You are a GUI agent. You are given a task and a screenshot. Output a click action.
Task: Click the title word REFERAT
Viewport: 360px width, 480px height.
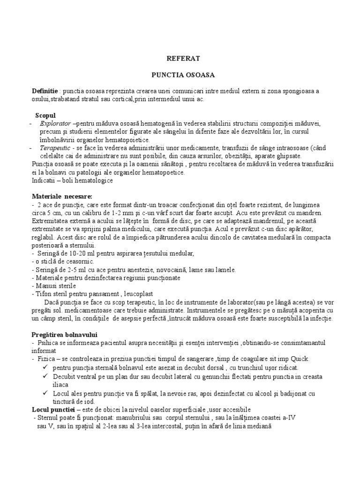(x=180, y=58)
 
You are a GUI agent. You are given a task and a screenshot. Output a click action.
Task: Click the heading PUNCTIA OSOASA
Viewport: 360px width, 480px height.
(x=180, y=74)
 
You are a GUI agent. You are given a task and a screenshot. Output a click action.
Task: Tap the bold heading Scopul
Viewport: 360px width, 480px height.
(x=45, y=115)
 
